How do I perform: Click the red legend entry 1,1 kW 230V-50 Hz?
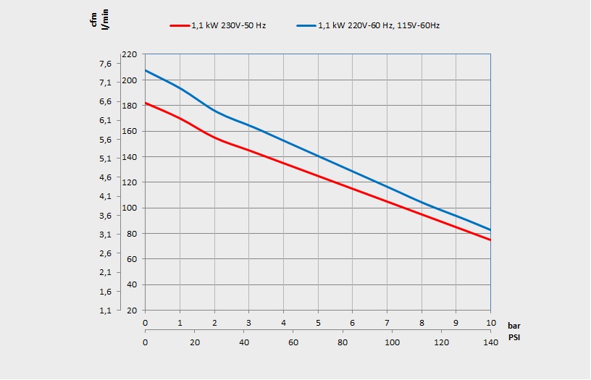[218, 25]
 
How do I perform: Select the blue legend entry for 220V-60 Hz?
[369, 25]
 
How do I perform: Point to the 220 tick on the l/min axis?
[130, 54]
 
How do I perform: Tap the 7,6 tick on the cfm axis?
[105, 64]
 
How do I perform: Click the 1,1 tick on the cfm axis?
[105, 311]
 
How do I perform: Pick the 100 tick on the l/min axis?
[130, 208]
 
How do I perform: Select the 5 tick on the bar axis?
[318, 323]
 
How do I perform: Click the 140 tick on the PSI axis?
[490, 342]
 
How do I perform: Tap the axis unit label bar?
[514, 326]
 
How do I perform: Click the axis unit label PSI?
[514, 338]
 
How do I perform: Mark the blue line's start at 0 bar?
[146, 70]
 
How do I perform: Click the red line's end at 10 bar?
[490, 240]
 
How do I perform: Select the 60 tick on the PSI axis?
[293, 342]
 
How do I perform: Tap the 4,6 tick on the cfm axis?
[105, 177]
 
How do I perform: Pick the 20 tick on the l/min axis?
[131, 311]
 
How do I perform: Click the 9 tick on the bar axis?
[456, 323]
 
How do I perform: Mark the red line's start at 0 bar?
[146, 103]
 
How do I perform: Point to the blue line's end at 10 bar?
[490, 229]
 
